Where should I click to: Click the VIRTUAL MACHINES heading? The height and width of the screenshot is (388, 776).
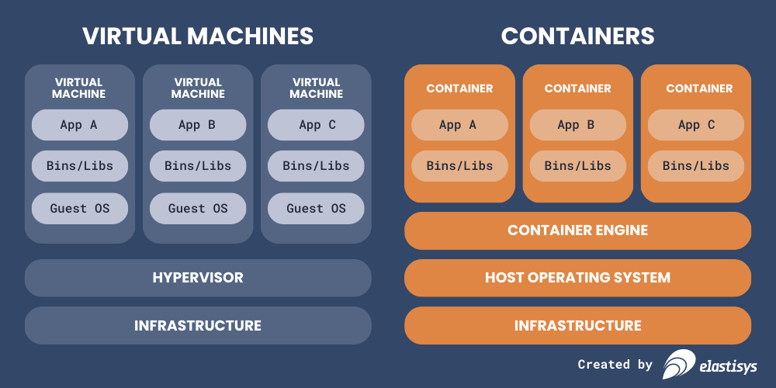(x=198, y=36)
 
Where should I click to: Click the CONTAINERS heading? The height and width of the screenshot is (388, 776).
(x=577, y=36)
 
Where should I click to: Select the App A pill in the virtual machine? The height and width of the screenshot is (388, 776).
(x=79, y=124)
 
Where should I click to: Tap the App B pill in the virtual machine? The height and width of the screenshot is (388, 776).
(x=197, y=124)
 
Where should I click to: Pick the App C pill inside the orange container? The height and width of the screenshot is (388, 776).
(x=695, y=124)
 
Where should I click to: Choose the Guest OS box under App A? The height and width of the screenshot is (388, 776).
(x=79, y=208)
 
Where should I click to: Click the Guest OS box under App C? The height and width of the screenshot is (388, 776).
(x=316, y=208)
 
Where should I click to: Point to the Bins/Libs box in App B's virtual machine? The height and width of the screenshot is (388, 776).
(x=197, y=166)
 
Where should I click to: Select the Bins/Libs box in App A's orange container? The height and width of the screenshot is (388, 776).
(x=459, y=166)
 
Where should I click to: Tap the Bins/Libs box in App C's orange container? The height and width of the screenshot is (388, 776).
(x=695, y=166)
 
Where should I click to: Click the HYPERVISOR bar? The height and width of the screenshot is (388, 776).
(x=198, y=278)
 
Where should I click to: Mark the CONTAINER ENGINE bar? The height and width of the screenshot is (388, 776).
(x=577, y=230)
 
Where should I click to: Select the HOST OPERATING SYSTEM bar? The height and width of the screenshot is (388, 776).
(x=577, y=278)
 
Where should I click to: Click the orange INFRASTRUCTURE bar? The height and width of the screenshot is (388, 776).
(x=577, y=325)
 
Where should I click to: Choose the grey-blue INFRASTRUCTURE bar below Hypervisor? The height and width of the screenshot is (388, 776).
(x=198, y=325)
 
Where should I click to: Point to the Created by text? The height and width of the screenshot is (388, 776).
(x=615, y=364)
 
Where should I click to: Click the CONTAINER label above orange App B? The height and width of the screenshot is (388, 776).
(x=577, y=88)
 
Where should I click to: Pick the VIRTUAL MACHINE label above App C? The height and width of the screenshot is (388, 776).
(x=316, y=88)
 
